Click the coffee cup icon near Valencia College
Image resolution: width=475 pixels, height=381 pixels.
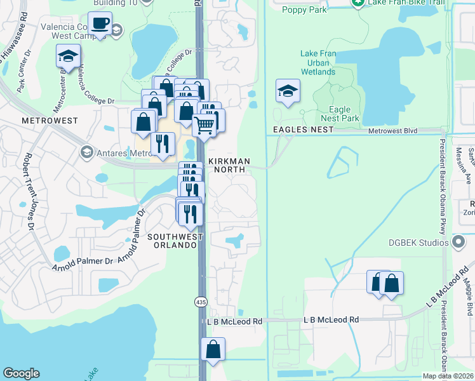(100, 24)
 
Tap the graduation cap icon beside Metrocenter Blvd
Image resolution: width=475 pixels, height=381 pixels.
(69, 57)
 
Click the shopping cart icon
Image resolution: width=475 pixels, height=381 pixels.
(204, 124)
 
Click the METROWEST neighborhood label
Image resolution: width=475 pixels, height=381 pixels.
(50, 120)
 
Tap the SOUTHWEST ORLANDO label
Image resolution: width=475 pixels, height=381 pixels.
(175, 241)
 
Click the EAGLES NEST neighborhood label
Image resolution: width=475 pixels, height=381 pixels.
(304, 130)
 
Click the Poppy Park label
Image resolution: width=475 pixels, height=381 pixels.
(304, 10)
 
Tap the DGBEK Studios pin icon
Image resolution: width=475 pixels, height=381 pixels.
(459, 241)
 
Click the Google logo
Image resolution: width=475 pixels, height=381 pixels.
(21, 373)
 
